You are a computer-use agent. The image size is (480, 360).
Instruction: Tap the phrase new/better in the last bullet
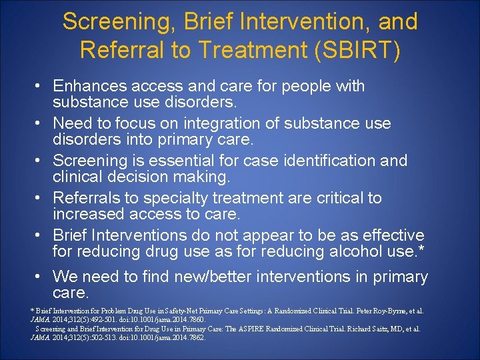point(216,276)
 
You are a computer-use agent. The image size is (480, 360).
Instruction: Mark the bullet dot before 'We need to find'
point(39,276)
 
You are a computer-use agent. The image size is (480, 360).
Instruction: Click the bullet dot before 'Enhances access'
point(39,86)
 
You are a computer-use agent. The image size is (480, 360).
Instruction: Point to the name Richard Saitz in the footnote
point(360,329)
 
